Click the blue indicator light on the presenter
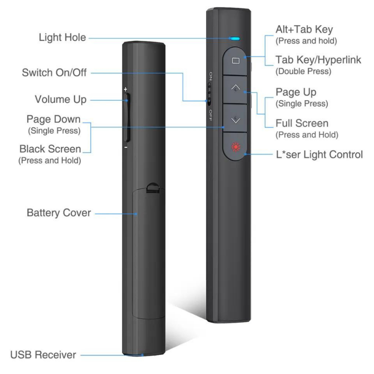click(234, 38)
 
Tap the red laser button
click(234, 147)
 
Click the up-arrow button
click(236, 88)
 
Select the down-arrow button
click(236, 119)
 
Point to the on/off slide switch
click(210, 93)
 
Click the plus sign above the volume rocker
click(125, 89)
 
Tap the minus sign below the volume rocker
click(125, 148)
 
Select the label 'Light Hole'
click(62, 37)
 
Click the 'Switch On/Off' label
click(54, 72)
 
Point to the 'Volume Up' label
click(61, 99)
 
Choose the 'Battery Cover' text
click(59, 213)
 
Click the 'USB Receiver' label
click(43, 354)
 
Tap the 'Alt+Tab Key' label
click(304, 29)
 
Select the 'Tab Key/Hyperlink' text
click(318, 60)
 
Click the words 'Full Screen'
click(302, 123)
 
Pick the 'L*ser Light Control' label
click(319, 154)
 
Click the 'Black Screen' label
click(50, 149)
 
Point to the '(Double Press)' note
click(303, 71)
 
